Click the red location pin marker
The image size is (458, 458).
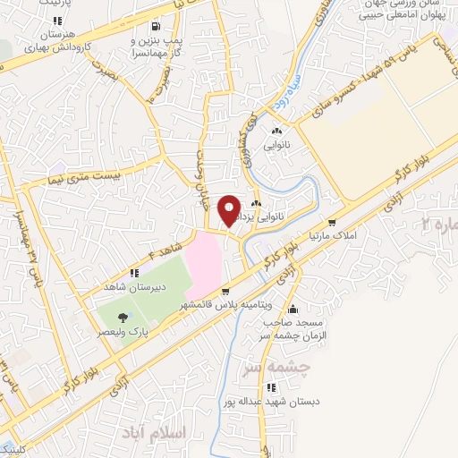point(229,212)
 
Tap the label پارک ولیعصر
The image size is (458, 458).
point(123,331)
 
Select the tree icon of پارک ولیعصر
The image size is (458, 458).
point(123,316)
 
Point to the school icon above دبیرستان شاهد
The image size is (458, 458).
point(133,273)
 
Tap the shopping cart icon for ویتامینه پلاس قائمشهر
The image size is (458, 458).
point(225,290)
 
